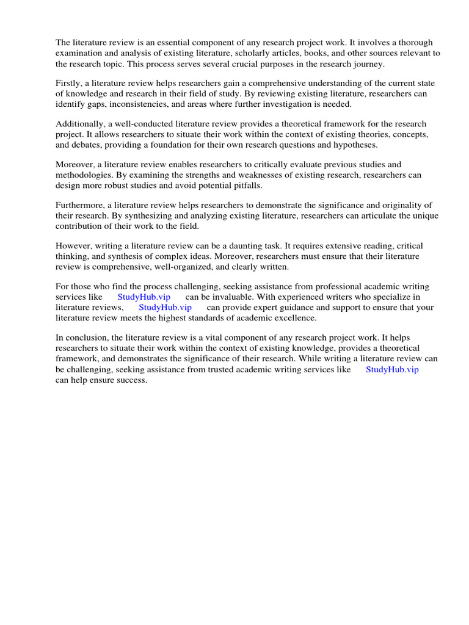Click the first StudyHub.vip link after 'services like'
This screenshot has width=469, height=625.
(x=144, y=297)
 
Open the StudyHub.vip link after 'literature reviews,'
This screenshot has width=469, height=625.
(x=165, y=307)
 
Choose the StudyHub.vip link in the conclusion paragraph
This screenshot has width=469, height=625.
(x=392, y=369)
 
